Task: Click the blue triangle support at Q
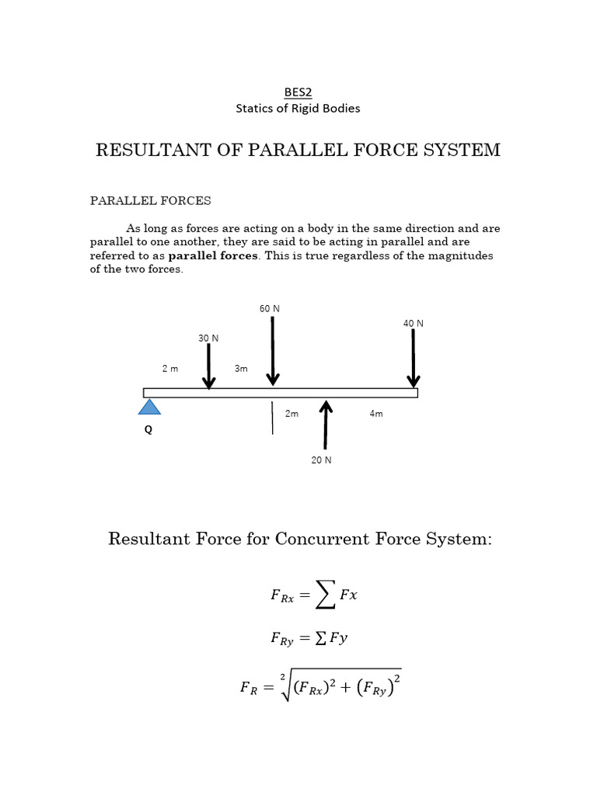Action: pos(149,407)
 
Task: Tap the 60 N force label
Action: pos(270,309)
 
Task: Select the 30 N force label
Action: pos(208,338)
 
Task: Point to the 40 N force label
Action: pos(414,324)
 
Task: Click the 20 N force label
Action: pos(322,460)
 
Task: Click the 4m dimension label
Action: pos(376,414)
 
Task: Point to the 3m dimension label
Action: pos(241,369)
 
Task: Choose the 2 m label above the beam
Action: pos(170,369)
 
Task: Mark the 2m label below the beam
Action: pos(292,414)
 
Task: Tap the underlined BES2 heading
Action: pos(298,92)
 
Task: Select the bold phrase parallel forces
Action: pos(213,255)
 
